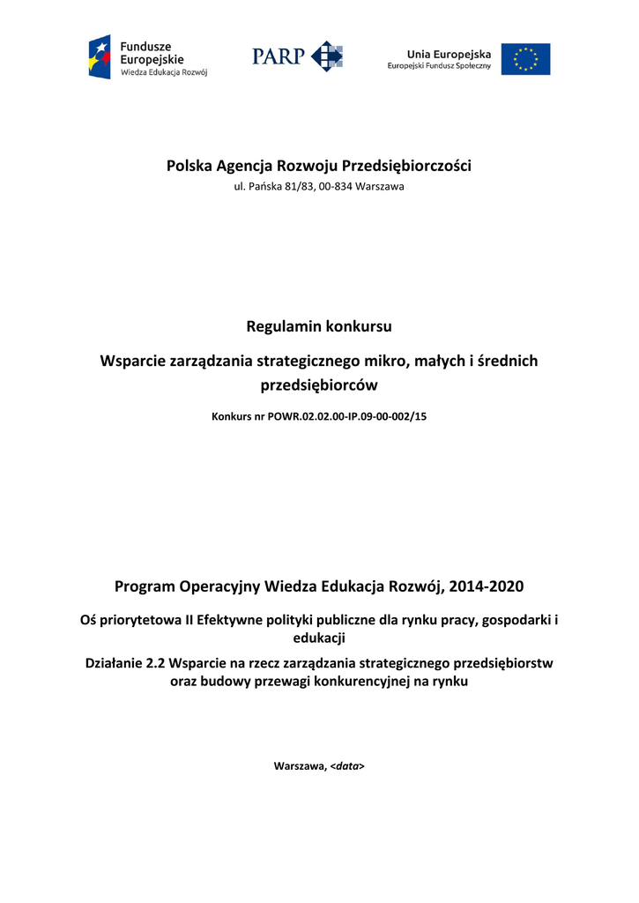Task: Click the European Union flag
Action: [x=525, y=59]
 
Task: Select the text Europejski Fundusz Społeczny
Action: [x=439, y=67]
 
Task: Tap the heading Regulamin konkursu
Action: [x=319, y=326]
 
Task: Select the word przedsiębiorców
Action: [x=319, y=384]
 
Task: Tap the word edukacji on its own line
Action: [x=319, y=637]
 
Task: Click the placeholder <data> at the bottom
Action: [x=347, y=766]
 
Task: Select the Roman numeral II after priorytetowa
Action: [x=189, y=620]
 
